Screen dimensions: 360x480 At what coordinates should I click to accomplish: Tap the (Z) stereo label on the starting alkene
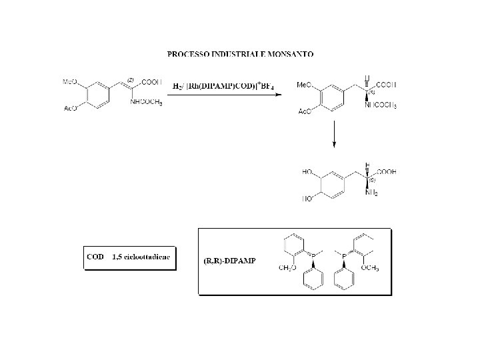131,80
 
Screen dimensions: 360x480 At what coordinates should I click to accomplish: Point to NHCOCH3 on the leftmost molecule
147,102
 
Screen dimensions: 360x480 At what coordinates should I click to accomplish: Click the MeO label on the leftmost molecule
70,82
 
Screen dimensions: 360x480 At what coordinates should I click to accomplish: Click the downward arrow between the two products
333,137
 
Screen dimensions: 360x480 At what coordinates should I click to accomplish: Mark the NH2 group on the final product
371,193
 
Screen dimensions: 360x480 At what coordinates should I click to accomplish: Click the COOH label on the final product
385,171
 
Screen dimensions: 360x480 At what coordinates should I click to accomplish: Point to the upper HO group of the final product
308,172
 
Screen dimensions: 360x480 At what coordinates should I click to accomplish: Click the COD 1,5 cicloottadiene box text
129,256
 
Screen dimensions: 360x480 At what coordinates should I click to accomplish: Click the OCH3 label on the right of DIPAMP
369,268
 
